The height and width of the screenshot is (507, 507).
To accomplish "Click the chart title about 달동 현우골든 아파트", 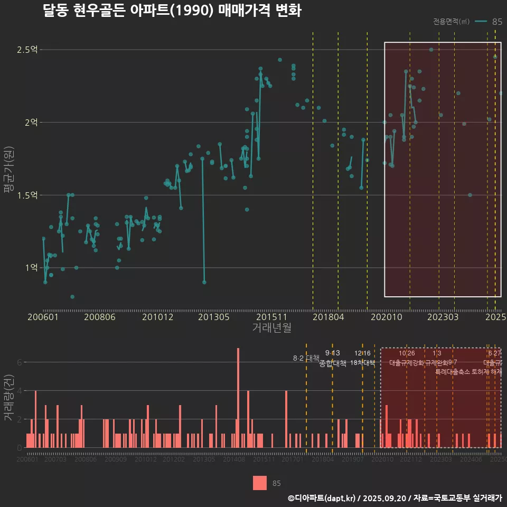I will click(172, 11).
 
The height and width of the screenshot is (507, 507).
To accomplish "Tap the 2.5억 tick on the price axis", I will click(27, 50).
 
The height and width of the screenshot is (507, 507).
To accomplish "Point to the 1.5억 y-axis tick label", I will click(27, 195).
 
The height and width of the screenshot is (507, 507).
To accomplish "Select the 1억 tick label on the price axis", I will click(31, 267).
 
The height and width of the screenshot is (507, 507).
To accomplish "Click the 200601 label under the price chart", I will click(43, 317).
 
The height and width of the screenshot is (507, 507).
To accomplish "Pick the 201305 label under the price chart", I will click(213, 317).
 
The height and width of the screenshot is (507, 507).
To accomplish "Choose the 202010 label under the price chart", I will click(384, 317).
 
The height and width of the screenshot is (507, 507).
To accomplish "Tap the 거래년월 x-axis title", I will click(271, 327).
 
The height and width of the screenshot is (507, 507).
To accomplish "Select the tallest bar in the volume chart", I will click(238, 397).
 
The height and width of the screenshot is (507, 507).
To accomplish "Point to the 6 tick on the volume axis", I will click(20, 362).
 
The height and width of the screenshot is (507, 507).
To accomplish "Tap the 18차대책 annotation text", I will click(362, 363).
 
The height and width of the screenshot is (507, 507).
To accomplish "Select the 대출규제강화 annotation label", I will click(407, 363).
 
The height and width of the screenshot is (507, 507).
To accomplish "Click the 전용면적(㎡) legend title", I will click(451, 22).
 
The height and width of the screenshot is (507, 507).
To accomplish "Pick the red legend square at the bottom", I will click(260, 483).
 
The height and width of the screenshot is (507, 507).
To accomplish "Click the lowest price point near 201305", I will click(204, 282).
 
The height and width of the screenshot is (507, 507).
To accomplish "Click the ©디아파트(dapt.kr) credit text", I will click(322, 498).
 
